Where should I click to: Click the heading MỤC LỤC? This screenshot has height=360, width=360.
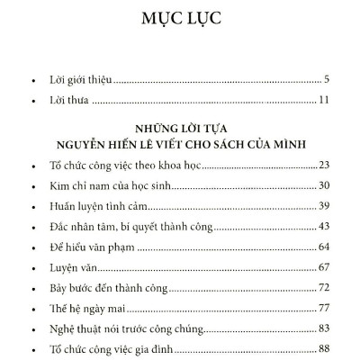coord(180,19)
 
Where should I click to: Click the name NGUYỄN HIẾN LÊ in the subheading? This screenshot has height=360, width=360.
coord(123,143)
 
